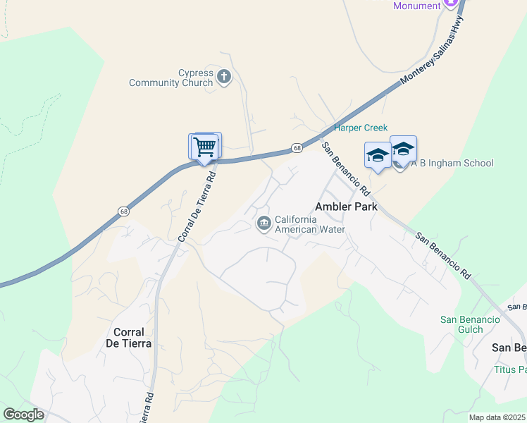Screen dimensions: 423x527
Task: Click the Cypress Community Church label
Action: click(170, 78)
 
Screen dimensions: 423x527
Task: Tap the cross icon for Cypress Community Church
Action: click(224, 76)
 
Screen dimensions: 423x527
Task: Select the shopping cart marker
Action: click(205, 147)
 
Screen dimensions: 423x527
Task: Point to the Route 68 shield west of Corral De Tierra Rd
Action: click(124, 211)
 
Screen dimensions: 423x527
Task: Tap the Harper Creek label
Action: click(361, 128)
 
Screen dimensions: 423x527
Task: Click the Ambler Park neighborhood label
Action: click(346, 207)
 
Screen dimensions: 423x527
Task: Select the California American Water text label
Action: click(310, 224)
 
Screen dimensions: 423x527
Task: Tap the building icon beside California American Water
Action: click(263, 224)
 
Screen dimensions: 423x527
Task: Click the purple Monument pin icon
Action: click(452, 4)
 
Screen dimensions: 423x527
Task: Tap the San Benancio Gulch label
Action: click(470, 324)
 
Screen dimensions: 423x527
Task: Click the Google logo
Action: click(24, 415)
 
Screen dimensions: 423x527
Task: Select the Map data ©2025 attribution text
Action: click(496, 417)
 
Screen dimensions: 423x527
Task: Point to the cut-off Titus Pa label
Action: click(510, 369)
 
